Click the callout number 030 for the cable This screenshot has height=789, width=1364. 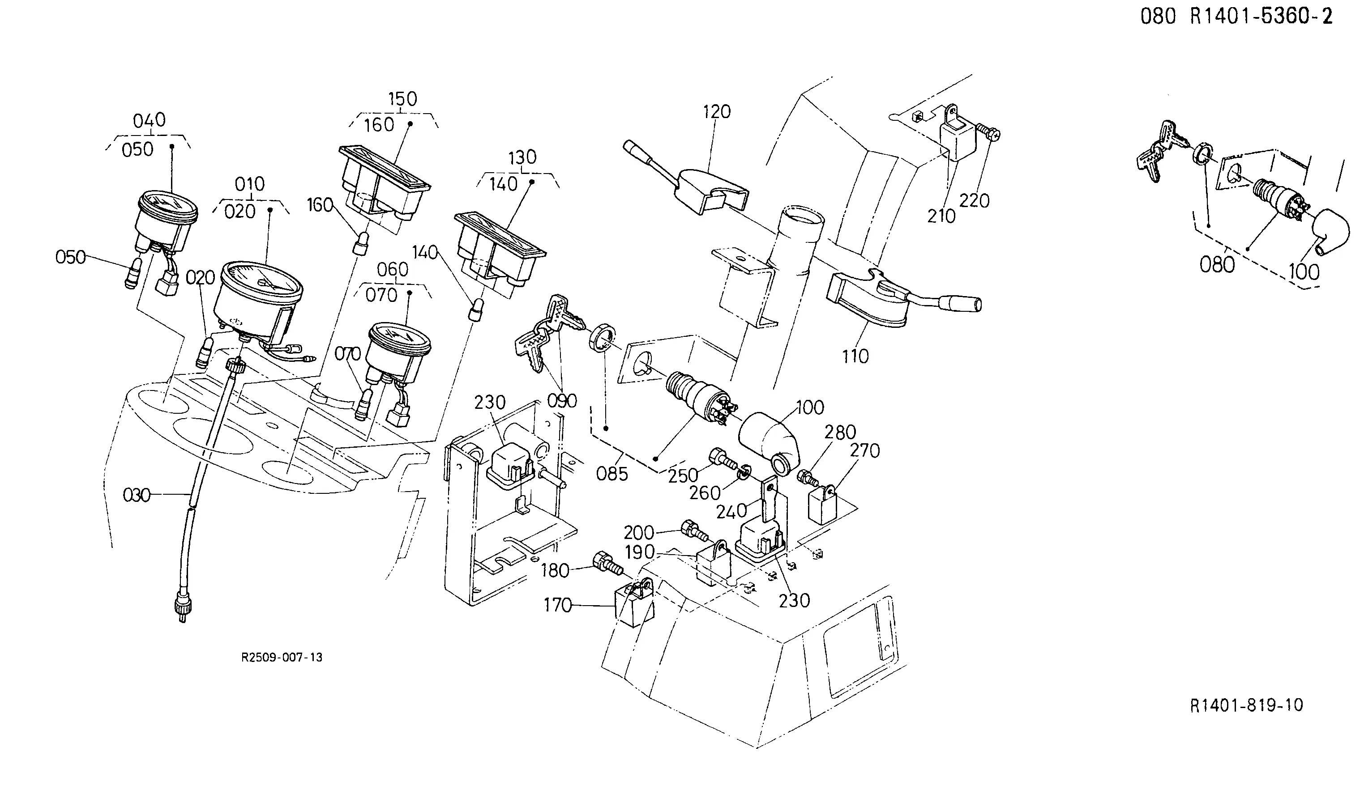pos(137,495)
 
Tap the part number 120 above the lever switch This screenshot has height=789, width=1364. pos(717,111)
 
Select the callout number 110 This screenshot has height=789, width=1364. pos(855,356)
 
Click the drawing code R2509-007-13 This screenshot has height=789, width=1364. pos(282,657)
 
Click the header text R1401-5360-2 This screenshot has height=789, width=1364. pos(1261,17)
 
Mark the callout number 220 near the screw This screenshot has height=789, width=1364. pos(974,201)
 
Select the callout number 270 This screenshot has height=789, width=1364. pos(865,450)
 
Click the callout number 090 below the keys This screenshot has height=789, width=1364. pos(562,401)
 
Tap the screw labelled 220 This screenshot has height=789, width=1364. pos(988,131)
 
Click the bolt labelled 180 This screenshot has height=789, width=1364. pos(608,563)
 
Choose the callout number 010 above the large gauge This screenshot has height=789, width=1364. pos(249,184)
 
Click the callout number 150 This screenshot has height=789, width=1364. pos(403,99)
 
